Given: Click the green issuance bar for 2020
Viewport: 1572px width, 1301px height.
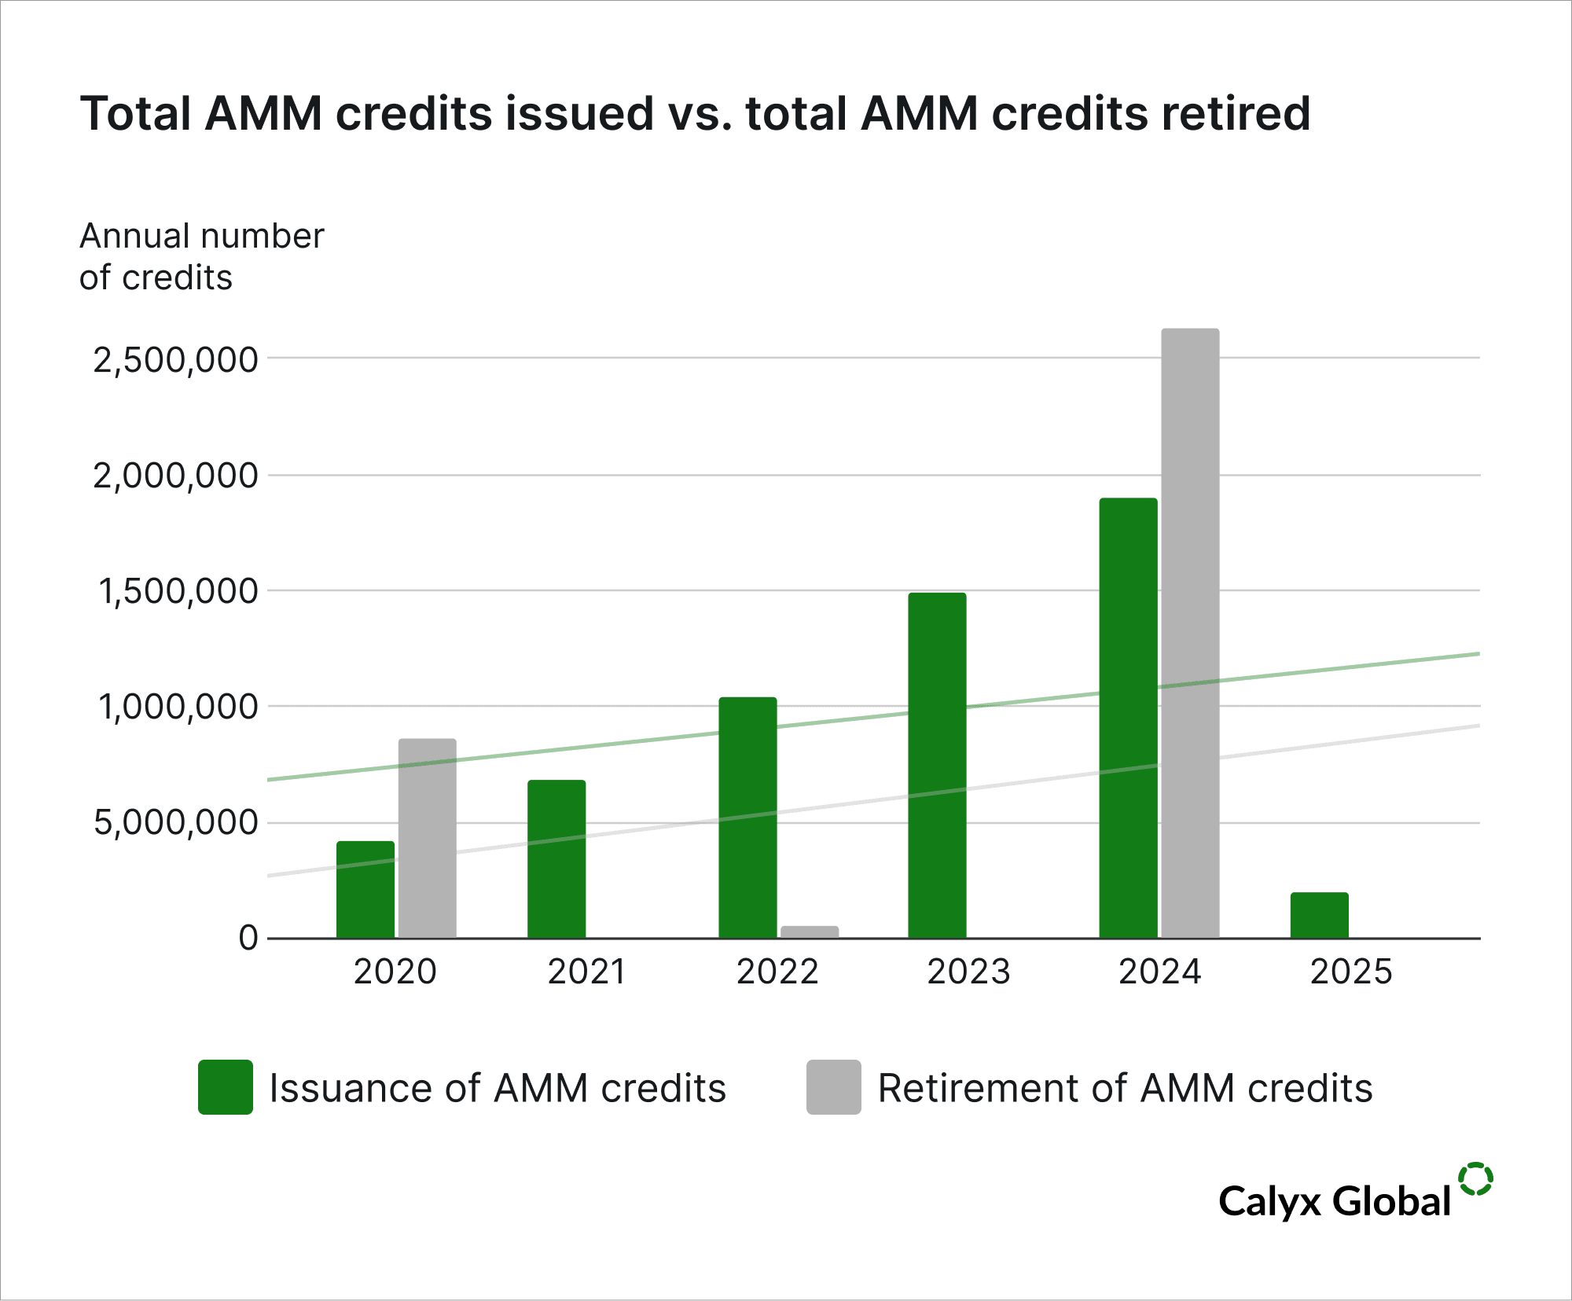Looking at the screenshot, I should [x=365, y=889].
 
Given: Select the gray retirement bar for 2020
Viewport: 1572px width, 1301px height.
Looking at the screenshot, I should [x=427, y=838].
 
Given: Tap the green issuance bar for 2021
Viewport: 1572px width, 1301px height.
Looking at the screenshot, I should [x=556, y=858].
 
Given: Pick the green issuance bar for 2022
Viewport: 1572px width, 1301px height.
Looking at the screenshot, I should [x=747, y=818].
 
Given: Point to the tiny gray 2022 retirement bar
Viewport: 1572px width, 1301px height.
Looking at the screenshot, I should [x=810, y=932].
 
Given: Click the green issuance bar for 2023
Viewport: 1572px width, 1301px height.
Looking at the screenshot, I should [x=937, y=765].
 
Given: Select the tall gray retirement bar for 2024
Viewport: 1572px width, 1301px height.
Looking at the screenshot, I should [x=1190, y=633].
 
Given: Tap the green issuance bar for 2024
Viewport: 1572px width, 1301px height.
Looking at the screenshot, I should [x=1128, y=718].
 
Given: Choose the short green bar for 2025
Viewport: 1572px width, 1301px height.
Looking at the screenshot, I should [x=1319, y=915].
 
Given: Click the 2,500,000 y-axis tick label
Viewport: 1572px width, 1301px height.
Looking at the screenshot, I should [x=175, y=360].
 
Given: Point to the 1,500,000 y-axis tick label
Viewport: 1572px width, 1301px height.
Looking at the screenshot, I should [x=178, y=591].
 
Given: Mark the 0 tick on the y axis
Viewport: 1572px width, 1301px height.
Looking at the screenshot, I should [x=248, y=938].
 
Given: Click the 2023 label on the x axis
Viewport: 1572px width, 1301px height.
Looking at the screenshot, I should [x=968, y=972].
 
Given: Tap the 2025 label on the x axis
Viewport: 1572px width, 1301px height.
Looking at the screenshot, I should [x=1350, y=972].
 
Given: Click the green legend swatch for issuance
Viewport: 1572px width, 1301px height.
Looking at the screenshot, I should [x=226, y=1087].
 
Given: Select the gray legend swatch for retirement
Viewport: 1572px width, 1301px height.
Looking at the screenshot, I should [x=833, y=1087].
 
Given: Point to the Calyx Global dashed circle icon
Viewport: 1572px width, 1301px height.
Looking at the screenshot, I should [x=1475, y=1179].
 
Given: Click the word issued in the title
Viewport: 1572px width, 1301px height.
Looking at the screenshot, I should [x=579, y=113].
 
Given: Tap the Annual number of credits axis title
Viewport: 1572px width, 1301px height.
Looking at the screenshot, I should [x=201, y=256].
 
